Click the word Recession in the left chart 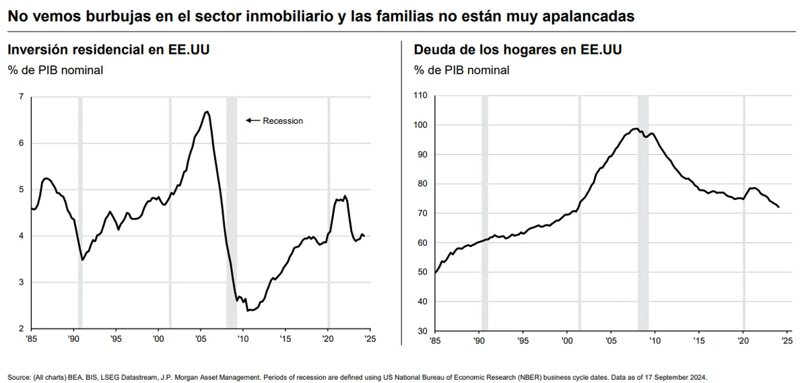tap(283, 120)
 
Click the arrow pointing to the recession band tap(252, 120)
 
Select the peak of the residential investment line tap(206, 112)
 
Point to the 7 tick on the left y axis tap(22, 96)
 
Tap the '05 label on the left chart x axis tap(201, 339)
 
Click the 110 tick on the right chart tap(420, 96)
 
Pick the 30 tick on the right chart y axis tap(423, 331)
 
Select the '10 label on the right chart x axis tap(654, 341)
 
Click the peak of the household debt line tap(636, 129)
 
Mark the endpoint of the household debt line tap(778, 207)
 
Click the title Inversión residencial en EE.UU tap(108, 50)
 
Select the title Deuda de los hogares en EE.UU tap(518, 50)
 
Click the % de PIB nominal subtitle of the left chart tap(55, 70)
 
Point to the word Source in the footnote tap(19, 377)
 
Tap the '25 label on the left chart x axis tap(370, 339)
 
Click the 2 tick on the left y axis tap(22, 328)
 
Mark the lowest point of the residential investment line tap(248, 310)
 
